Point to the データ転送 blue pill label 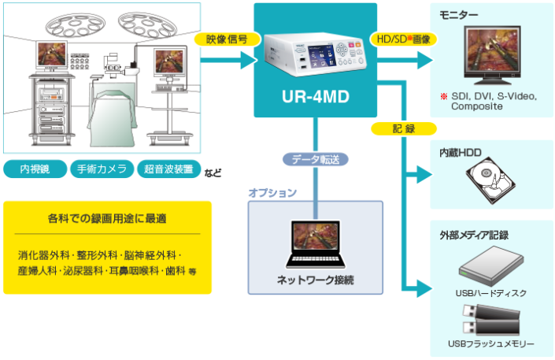[315, 158]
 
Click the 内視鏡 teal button [35, 169]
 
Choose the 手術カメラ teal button [100, 169]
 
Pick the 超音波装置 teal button [168, 169]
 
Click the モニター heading [460, 15]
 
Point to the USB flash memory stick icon [488, 323]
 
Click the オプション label [272, 193]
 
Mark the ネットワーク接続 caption [315, 280]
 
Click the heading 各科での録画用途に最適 [107, 217]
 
